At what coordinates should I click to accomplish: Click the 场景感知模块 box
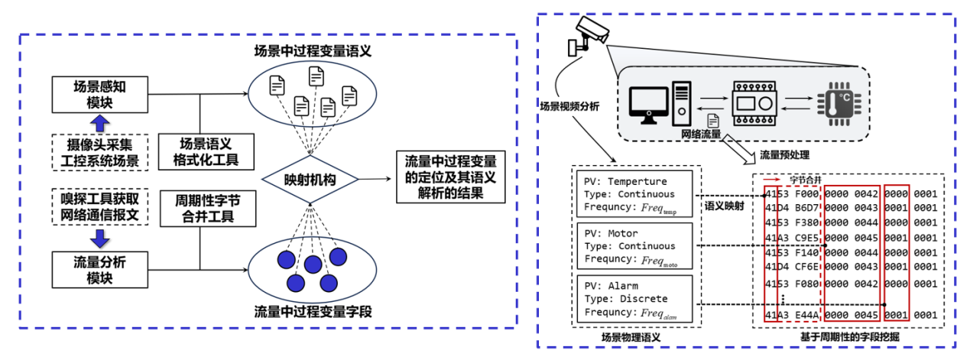click(99, 95)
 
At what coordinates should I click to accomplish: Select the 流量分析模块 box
click(99, 269)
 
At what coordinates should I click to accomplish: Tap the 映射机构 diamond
click(310, 180)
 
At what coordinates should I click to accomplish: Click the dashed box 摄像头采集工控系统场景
click(99, 152)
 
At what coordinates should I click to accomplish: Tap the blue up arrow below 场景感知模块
click(100, 124)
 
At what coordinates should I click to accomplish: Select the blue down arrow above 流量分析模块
click(100, 233)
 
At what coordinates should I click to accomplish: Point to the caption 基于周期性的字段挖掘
click(847, 337)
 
